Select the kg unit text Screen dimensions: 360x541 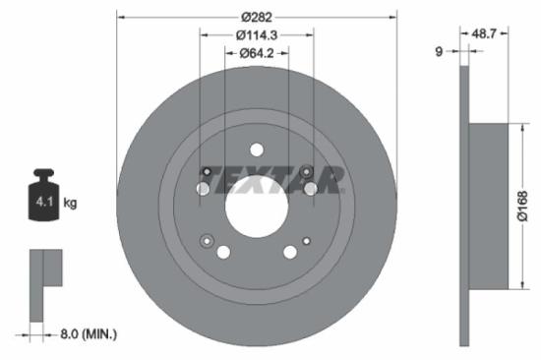pyautogui.click(x=70, y=203)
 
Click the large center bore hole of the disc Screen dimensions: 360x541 pyautogui.click(x=256, y=206)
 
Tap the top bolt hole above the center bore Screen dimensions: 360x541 pyautogui.click(x=257, y=150)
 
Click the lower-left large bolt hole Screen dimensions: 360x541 pyautogui.click(x=223, y=253)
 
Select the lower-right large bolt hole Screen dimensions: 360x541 pyautogui.click(x=290, y=253)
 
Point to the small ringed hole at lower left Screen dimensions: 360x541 pyautogui.click(x=206, y=240)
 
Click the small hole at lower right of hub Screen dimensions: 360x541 pyautogui.click(x=307, y=240)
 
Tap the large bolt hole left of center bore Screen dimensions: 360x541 pyautogui.click(x=203, y=188)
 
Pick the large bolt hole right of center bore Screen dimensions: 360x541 pyautogui.click(x=310, y=188)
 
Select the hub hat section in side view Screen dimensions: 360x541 pyautogui.click(x=486, y=206)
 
